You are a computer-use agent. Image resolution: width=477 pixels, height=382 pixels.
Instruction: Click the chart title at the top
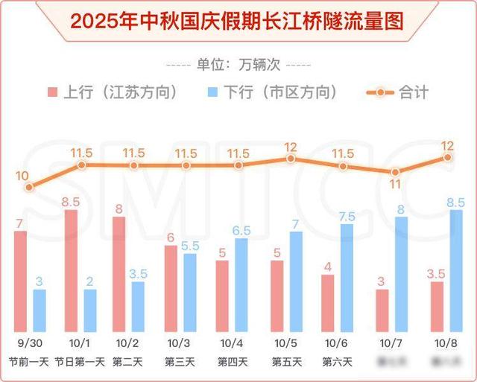pyautogui.click(x=238, y=20)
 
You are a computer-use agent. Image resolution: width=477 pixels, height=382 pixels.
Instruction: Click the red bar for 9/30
pyautogui.click(x=20, y=281)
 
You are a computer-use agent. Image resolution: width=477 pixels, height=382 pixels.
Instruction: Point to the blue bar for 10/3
pyautogui.click(x=191, y=292)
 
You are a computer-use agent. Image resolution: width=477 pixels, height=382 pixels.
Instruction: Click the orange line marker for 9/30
pyautogui.click(x=28, y=188)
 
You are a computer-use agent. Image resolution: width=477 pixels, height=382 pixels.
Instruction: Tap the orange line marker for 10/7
pyautogui.click(x=395, y=173)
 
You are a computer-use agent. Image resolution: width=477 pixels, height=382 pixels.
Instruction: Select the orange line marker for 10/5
pyautogui.click(x=291, y=159)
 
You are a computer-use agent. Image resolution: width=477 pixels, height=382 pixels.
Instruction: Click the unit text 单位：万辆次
pyautogui.click(x=238, y=63)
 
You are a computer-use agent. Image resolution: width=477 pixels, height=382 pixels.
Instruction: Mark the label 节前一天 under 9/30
pyautogui.click(x=28, y=363)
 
